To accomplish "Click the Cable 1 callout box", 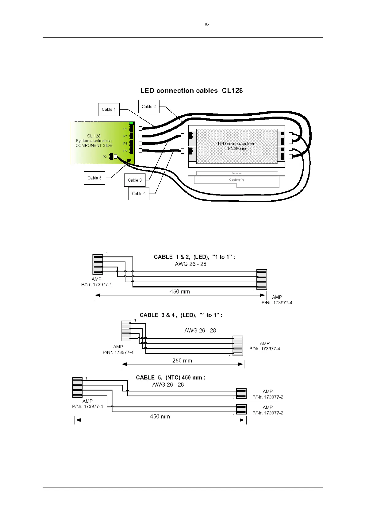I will click(109, 110).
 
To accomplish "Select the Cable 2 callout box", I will click(149, 106).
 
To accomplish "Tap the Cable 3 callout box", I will click(135, 180).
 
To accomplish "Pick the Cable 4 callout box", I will click(139, 194).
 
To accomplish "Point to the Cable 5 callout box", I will click(94, 178).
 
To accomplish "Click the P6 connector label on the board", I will click(125, 129).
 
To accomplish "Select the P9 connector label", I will click(125, 151).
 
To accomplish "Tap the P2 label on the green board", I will click(105, 157).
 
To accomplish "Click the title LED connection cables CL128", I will click(191, 90).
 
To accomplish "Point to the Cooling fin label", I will click(236, 180).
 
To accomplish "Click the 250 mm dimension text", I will click(182, 360).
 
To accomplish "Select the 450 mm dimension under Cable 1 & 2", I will click(180, 291).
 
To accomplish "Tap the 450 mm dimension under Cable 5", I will click(160, 416).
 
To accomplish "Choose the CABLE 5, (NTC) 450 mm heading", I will click(171, 377).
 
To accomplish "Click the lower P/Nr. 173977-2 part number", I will click(268, 413).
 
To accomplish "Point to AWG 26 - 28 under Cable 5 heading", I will click(168, 385).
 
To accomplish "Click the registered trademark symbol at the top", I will click(207, 25).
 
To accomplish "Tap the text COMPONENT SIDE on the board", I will click(94, 145).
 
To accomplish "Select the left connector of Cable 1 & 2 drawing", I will click(98, 264).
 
